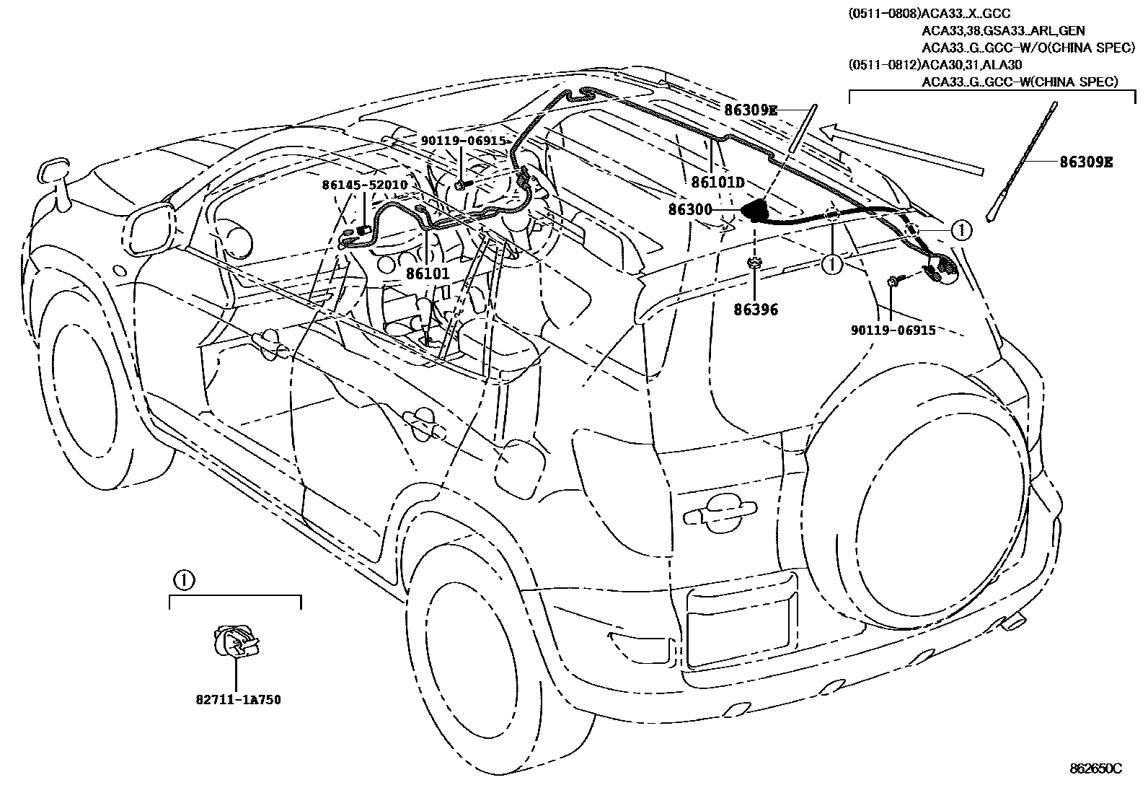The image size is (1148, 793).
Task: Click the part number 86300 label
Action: click(690, 210)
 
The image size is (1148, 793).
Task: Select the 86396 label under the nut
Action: click(755, 310)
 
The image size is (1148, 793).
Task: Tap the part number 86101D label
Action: click(717, 182)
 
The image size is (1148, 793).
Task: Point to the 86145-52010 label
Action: click(365, 185)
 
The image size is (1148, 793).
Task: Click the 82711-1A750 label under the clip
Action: click(237, 700)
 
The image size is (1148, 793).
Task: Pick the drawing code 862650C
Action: click(1095, 768)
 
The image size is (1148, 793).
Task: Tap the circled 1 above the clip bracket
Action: click(183, 579)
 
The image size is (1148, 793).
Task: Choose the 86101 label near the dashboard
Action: click(427, 274)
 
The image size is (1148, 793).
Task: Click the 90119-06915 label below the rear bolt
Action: click(893, 330)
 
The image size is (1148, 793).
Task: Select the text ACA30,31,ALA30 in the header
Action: click(966, 64)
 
